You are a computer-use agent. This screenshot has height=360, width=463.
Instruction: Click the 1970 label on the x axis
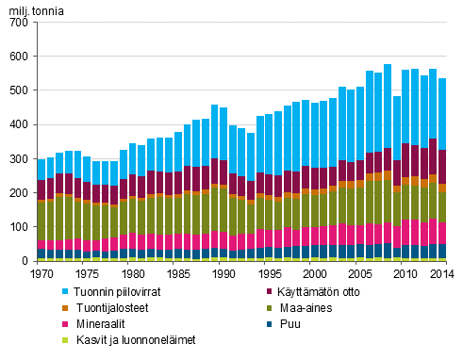tap(41, 274)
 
